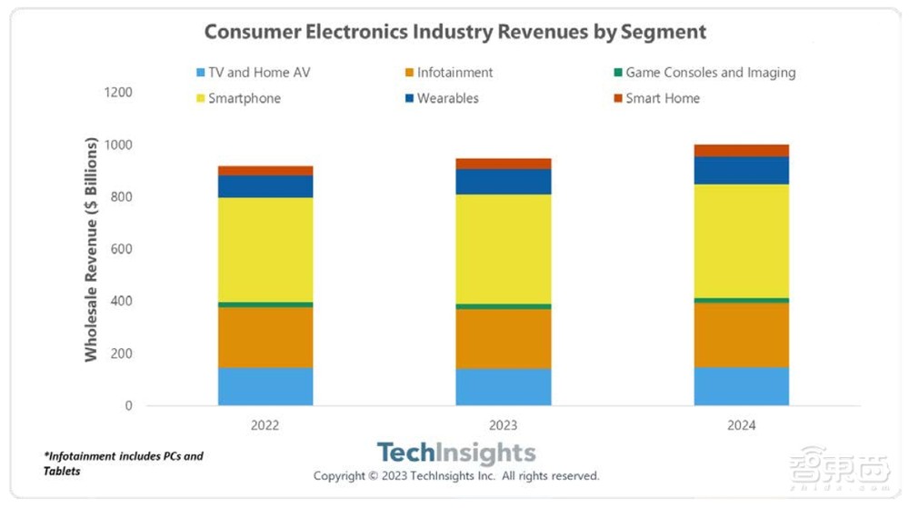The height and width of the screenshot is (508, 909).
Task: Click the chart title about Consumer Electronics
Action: (x=454, y=31)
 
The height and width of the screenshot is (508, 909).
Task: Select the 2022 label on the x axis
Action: (x=265, y=425)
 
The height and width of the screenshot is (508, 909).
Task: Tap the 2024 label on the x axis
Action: (x=741, y=425)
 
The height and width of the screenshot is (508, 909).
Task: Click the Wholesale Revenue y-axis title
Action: (x=92, y=249)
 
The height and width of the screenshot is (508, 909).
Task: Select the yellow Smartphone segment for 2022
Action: (x=265, y=249)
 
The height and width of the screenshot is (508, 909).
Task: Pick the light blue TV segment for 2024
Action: (x=742, y=386)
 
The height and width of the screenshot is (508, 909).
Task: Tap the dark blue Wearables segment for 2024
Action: (x=742, y=171)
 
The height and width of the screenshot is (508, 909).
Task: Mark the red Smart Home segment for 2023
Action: (x=504, y=164)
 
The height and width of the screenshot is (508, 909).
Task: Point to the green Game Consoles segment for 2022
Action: (x=265, y=304)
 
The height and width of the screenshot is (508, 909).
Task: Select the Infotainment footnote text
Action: (x=123, y=463)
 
